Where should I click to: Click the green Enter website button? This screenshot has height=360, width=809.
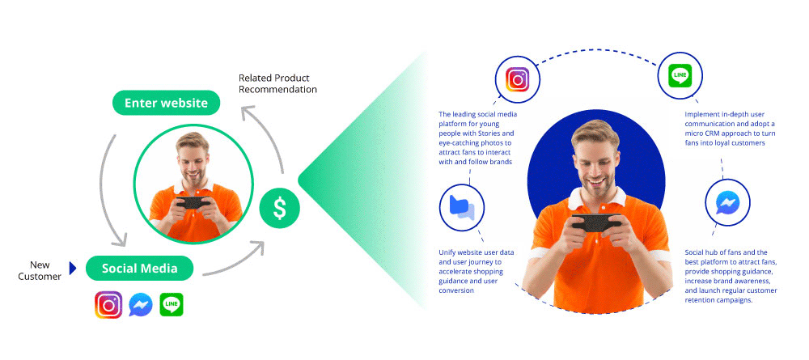click(166, 103)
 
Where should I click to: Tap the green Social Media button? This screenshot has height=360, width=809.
click(139, 269)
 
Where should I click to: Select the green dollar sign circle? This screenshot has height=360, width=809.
click(279, 209)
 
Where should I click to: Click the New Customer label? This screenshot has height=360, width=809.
click(40, 271)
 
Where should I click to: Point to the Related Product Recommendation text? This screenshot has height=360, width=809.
click(277, 83)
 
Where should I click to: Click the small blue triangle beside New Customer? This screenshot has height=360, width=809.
click(73, 269)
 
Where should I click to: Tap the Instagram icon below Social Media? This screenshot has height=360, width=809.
click(108, 305)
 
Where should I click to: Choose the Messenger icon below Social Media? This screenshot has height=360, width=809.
click(140, 305)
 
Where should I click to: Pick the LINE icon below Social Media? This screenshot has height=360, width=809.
click(172, 305)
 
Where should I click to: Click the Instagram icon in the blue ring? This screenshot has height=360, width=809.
click(518, 80)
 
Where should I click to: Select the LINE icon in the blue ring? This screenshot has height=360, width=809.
click(680, 77)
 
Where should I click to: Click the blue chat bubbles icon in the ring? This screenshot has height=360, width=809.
click(462, 207)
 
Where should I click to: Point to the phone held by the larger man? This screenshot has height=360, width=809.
click(596, 222)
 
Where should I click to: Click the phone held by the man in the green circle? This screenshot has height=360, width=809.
click(193, 202)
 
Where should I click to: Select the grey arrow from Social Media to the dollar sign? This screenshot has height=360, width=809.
click(235, 261)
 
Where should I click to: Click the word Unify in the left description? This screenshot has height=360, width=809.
click(448, 252)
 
